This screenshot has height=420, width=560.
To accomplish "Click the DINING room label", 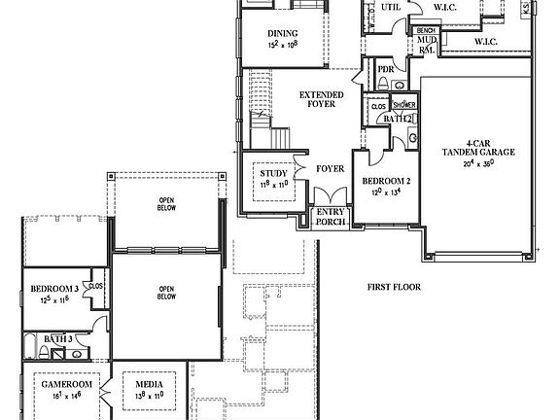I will pos(282,34).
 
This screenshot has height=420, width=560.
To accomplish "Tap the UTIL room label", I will pos(391,7).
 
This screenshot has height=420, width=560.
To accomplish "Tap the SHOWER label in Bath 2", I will pos(403,105).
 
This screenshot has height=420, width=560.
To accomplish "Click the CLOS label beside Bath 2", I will pos(378,106).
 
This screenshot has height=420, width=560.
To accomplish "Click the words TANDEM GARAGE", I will pos(477,153).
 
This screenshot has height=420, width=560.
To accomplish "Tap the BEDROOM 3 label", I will pos(53,290).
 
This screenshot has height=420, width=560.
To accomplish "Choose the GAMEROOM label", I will pos(65,385).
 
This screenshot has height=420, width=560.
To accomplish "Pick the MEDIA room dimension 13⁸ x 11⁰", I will pos(149,397).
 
